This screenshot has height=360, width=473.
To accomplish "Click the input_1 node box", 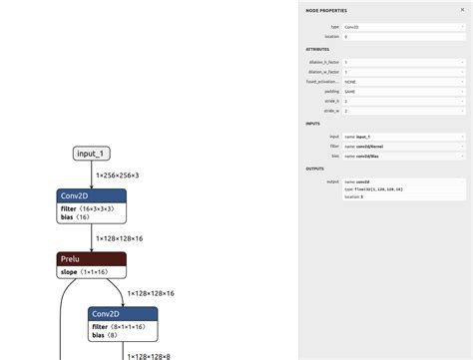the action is click(x=92, y=154).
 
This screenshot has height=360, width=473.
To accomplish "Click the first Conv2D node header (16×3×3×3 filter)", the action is click(x=92, y=195).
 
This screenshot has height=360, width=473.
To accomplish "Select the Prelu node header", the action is click(x=91, y=259).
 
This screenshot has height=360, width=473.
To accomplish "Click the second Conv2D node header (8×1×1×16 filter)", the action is click(x=123, y=313).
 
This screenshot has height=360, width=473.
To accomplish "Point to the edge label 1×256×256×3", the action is click(x=118, y=175).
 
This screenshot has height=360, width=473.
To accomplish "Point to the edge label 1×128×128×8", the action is click(x=148, y=356).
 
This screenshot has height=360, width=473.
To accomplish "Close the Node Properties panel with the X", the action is click(x=462, y=10).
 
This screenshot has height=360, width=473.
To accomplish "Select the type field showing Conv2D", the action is click(x=403, y=27).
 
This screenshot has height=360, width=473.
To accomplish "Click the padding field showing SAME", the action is click(x=403, y=91).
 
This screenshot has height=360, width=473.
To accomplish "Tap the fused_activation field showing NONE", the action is click(x=403, y=81).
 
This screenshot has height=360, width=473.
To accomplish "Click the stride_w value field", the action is click(x=403, y=110).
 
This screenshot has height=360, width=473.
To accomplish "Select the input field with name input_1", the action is click(x=403, y=137).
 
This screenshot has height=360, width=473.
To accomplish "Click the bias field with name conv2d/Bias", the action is click(x=403, y=156).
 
